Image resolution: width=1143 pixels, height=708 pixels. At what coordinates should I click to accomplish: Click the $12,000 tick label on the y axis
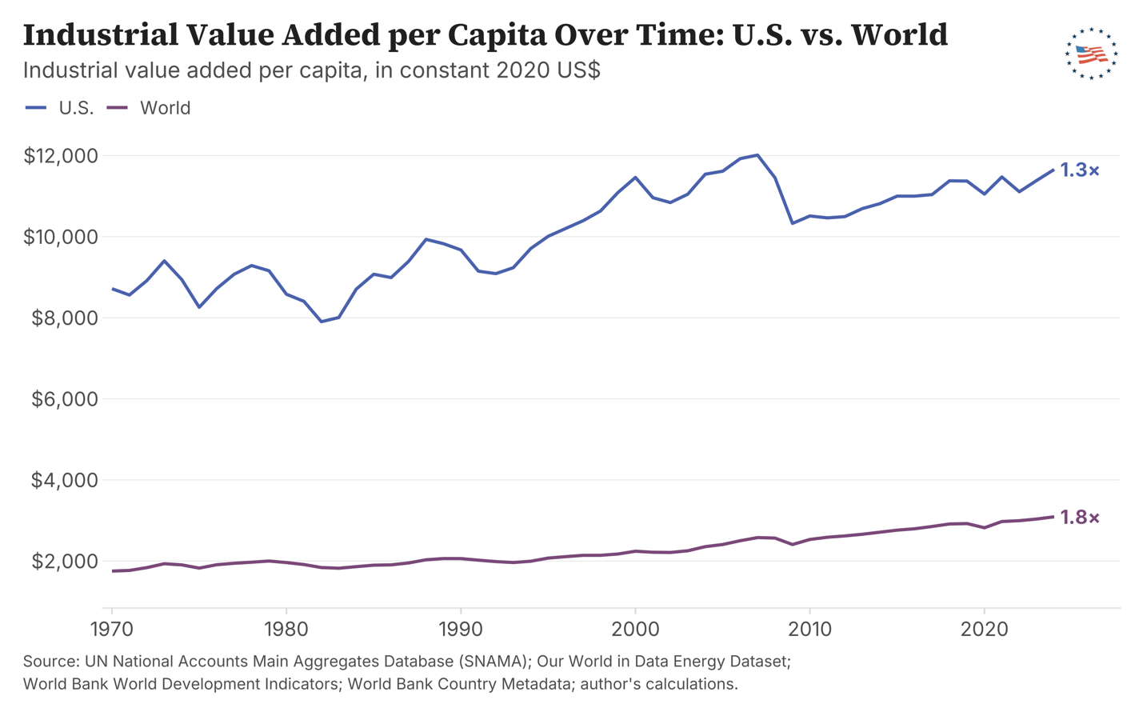point(61,156)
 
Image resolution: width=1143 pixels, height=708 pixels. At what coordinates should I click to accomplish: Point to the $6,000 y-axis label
point(64,399)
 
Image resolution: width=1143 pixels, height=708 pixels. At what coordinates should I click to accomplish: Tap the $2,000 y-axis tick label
point(64,562)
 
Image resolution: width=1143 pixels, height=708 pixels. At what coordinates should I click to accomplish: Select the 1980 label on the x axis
point(286,630)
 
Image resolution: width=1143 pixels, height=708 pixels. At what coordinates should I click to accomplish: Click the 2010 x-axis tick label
point(809,630)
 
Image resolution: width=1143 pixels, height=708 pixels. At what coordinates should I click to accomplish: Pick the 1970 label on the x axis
point(112,630)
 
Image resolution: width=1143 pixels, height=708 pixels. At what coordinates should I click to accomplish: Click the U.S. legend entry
point(60,108)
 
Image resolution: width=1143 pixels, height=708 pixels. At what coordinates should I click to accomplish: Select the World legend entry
point(149,108)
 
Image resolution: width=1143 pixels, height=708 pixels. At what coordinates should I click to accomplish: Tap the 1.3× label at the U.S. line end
point(1079,170)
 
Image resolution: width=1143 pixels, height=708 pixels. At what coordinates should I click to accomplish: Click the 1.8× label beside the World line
point(1079,518)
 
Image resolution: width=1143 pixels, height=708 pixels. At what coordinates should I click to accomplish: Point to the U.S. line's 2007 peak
point(757,155)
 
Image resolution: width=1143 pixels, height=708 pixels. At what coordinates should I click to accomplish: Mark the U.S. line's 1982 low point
point(322,322)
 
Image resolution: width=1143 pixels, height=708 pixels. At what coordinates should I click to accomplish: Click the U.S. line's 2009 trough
point(793,223)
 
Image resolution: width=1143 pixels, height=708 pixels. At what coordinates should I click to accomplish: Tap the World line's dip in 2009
point(793,545)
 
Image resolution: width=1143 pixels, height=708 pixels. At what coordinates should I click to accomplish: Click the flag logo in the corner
point(1092,54)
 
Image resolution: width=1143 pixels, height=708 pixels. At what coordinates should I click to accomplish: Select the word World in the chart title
point(899,34)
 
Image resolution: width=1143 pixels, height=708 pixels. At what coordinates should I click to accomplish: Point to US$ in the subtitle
point(578,70)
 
